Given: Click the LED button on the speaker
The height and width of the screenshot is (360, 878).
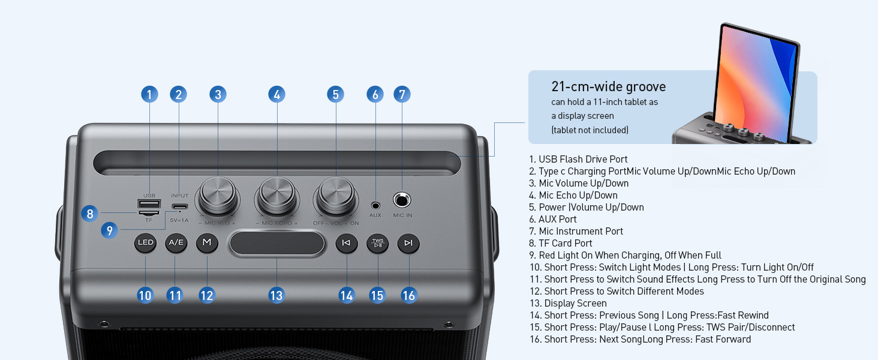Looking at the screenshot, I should click(x=145, y=243).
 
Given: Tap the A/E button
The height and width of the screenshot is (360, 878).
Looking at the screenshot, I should click(x=176, y=243).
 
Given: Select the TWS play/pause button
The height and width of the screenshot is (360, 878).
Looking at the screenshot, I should click(x=377, y=243).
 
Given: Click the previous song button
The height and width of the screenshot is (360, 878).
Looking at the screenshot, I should click(x=346, y=243).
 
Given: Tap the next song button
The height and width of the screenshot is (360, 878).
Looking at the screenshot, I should click(x=408, y=243).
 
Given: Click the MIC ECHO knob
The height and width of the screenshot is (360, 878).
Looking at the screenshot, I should click(x=277, y=195).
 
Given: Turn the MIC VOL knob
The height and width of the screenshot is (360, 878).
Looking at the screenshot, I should click(x=218, y=195).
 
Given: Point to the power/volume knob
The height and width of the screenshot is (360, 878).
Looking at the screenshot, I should click(x=336, y=195).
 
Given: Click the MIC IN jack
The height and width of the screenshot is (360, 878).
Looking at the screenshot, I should click(x=402, y=200).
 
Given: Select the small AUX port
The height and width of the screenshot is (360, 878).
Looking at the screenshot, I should click(x=375, y=205).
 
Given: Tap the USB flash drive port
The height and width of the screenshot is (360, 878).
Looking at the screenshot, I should click(x=149, y=203).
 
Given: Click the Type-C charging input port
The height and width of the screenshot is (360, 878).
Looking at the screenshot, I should click(x=179, y=208).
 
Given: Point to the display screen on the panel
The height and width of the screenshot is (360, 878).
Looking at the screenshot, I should click(x=276, y=244).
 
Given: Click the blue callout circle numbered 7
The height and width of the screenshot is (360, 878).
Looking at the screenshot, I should click(x=402, y=94).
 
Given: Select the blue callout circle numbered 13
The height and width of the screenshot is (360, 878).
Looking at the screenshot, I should click(x=276, y=295).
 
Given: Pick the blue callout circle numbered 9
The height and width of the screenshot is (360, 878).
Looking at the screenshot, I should click(x=109, y=230).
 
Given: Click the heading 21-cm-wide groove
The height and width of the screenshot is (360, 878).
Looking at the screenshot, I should click(x=608, y=87).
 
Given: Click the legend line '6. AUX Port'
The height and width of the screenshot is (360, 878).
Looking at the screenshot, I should click(x=552, y=220).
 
